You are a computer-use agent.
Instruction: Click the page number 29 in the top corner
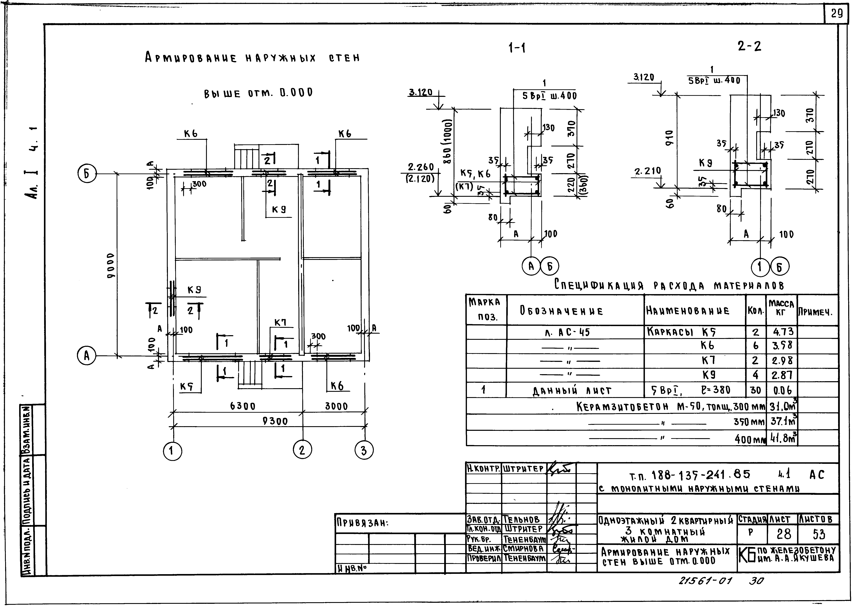point(836,14)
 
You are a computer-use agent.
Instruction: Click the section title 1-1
point(517,48)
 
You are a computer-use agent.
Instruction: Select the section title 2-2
point(749,46)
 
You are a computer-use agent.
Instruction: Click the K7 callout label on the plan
point(280,322)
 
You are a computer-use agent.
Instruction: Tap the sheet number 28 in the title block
point(784,534)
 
